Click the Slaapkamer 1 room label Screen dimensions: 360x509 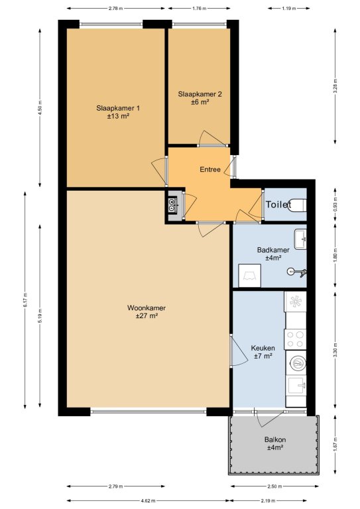[118, 108]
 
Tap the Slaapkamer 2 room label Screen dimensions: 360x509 [200, 94]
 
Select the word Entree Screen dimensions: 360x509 [210, 169]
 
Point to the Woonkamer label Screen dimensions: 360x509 [147, 308]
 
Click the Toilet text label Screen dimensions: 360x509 [278, 205]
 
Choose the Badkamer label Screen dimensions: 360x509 [273, 250]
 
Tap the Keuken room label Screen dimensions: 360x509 [263, 348]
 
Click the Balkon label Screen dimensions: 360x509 [275, 440]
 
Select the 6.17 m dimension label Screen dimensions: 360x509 [25, 300]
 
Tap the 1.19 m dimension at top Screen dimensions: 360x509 [288, 9]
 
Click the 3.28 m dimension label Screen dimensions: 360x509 [335, 86]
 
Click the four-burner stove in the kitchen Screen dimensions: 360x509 [295, 339]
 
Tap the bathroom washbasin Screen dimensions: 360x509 [300, 239]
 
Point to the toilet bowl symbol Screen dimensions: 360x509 [298, 205]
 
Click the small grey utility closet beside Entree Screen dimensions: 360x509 [173, 205]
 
